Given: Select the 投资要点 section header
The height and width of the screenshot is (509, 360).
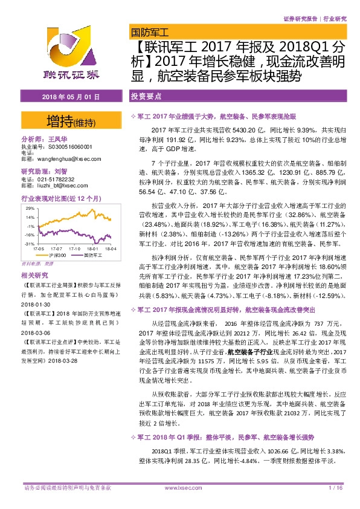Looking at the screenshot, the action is (x=146, y=96).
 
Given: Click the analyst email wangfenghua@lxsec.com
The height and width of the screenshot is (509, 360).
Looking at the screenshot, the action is (x=62, y=160).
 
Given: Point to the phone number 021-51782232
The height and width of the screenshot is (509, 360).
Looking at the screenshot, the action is (x=55, y=180).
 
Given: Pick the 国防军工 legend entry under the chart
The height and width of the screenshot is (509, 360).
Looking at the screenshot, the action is (x=91, y=256).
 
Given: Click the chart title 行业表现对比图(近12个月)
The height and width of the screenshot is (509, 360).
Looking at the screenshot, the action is (x=55, y=198).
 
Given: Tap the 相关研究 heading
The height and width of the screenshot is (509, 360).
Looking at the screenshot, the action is (x=33, y=275).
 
